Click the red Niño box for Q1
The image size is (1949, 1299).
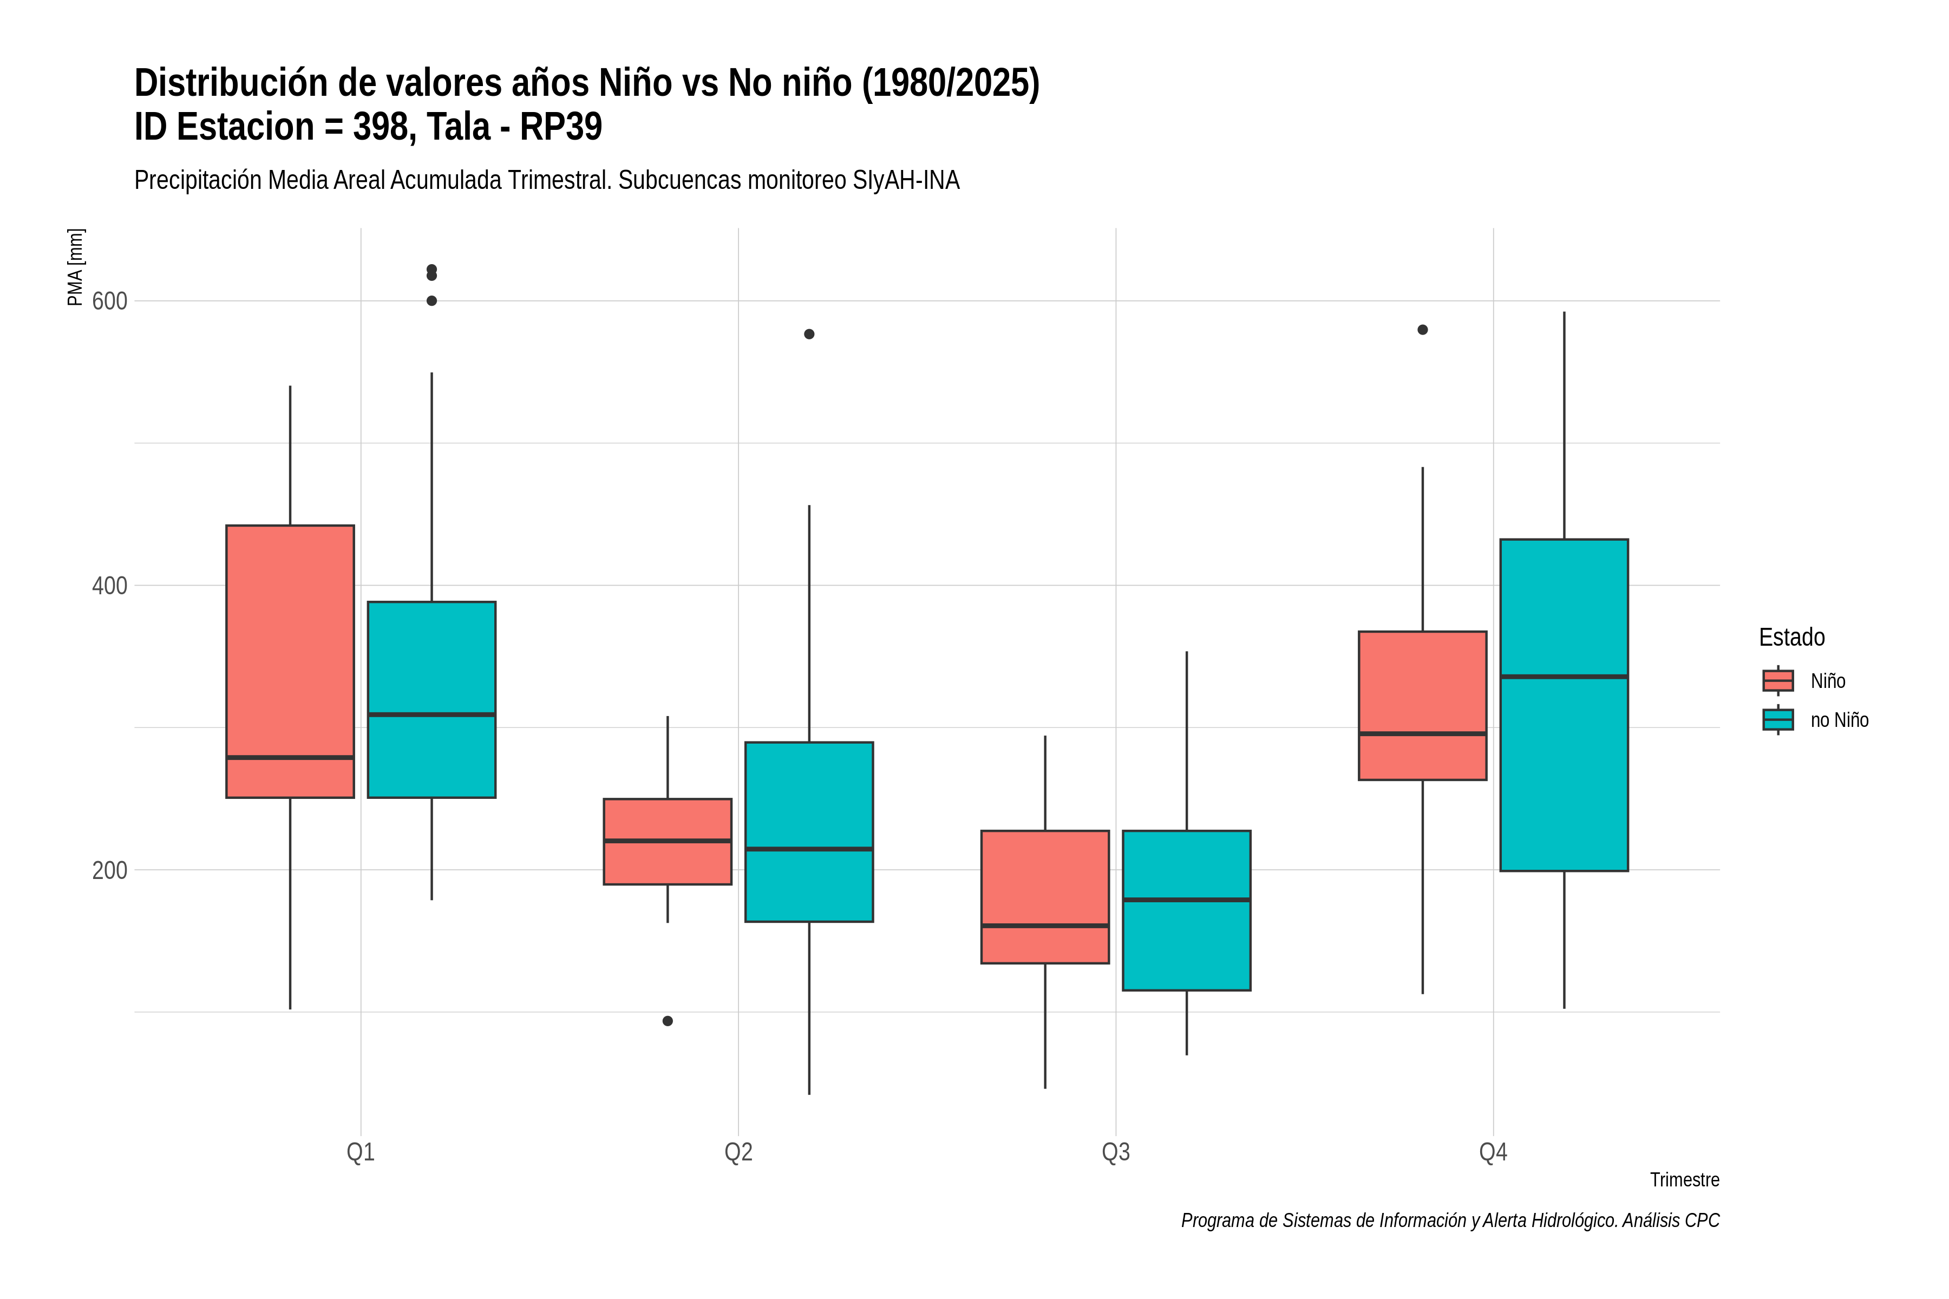click(x=290, y=661)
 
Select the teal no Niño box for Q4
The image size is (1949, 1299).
click(x=1564, y=705)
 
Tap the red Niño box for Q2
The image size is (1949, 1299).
click(x=667, y=842)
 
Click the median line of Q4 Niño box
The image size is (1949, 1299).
click(x=1422, y=733)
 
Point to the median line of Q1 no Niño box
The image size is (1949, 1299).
click(x=431, y=714)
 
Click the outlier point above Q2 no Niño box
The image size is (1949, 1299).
click(x=809, y=334)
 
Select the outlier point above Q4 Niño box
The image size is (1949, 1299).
click(x=1422, y=330)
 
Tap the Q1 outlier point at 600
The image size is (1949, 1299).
click(x=431, y=301)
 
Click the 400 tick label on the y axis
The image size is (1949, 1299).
click(x=109, y=586)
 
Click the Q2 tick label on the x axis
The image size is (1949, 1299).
click(x=738, y=1152)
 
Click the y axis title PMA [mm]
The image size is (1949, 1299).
click(x=75, y=267)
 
